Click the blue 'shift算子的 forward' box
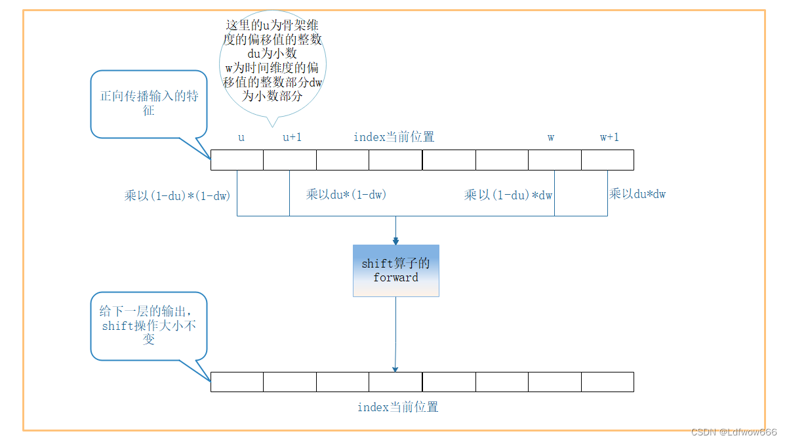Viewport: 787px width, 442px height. (x=395, y=270)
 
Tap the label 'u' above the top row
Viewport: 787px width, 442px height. (x=241, y=137)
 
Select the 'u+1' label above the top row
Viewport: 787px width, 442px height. (x=292, y=137)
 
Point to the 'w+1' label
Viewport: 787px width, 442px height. (x=609, y=137)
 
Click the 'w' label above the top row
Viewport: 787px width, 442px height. (x=551, y=137)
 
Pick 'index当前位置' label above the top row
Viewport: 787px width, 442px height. (x=393, y=137)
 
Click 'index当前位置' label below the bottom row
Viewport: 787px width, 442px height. (x=397, y=407)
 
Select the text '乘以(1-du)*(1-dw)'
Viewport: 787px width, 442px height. (x=177, y=195)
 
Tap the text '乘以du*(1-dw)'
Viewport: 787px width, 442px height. (x=346, y=194)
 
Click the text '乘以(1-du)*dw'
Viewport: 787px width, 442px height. (x=509, y=194)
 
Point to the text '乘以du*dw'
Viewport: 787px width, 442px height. (x=637, y=193)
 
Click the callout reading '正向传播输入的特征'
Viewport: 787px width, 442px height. (x=149, y=104)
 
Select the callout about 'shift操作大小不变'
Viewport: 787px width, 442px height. (x=149, y=325)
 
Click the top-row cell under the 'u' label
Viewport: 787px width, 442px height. (x=237, y=160)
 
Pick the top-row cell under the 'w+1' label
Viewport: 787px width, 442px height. (x=607, y=160)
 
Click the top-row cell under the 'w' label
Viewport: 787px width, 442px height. (x=554, y=160)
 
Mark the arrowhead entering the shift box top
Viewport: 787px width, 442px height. (x=395, y=241)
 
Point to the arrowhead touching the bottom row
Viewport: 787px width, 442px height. (x=395, y=369)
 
